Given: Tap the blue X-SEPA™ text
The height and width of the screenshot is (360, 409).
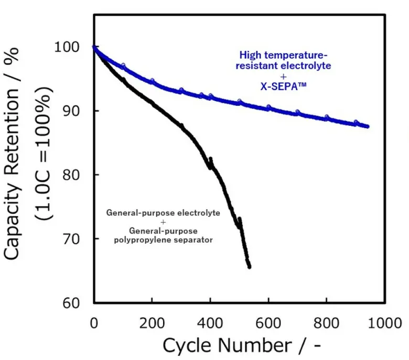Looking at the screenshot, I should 283,87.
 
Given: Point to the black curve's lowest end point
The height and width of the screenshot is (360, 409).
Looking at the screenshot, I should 249,267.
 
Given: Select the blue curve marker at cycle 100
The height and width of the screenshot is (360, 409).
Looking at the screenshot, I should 123,66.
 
